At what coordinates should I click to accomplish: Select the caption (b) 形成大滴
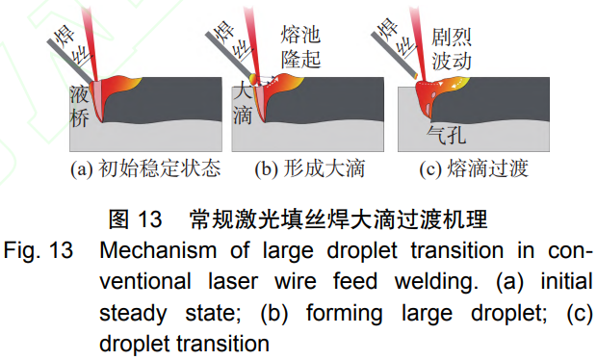(x=308, y=169)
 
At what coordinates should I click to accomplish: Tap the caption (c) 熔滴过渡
(x=473, y=169)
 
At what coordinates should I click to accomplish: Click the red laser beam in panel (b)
(x=258, y=39)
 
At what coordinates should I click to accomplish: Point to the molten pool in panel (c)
(x=433, y=96)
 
